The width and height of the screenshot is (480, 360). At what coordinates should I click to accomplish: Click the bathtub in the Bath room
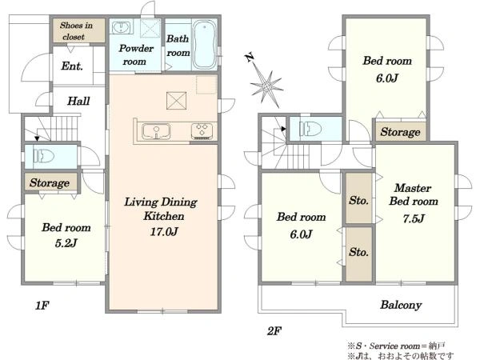pyautogui.click(x=205, y=44)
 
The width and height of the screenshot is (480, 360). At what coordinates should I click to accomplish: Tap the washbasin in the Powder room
pyautogui.click(x=121, y=27)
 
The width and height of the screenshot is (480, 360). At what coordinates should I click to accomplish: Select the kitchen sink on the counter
pyautogui.click(x=156, y=131)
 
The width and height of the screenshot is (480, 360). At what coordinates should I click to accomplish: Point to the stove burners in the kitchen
pyautogui.click(x=202, y=131)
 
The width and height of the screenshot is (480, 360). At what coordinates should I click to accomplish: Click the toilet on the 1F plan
pyautogui.click(x=44, y=156)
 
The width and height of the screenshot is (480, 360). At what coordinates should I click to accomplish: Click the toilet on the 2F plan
pyautogui.click(x=310, y=129)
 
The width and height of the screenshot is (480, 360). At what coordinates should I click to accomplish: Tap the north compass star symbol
pyautogui.click(x=265, y=82)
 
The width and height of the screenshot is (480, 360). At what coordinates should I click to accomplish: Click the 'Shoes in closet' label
pyautogui.click(x=76, y=31)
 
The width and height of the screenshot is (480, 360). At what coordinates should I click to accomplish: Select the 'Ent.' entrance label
pyautogui.click(x=72, y=66)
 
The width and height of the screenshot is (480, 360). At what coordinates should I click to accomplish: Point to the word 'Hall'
pyautogui.click(x=78, y=101)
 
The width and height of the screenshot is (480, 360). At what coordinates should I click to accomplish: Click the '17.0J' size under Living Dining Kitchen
pyautogui.click(x=164, y=232)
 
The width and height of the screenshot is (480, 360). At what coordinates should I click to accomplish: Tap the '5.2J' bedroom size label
pyautogui.click(x=66, y=243)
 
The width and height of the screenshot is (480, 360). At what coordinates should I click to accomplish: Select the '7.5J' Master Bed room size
pyautogui.click(x=414, y=218)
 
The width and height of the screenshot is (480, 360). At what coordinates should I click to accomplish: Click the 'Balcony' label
pyautogui.click(x=401, y=305)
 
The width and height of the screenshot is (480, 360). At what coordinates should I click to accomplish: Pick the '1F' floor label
pyautogui.click(x=42, y=306)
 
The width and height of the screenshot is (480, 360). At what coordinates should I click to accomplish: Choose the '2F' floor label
pyautogui.click(x=274, y=331)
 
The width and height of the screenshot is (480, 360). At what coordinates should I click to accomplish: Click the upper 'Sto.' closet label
pyautogui.click(x=358, y=201)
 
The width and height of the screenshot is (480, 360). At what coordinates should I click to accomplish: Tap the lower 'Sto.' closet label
pyautogui.click(x=358, y=252)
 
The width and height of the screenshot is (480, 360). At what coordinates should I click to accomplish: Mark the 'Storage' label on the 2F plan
pyautogui.click(x=401, y=132)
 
